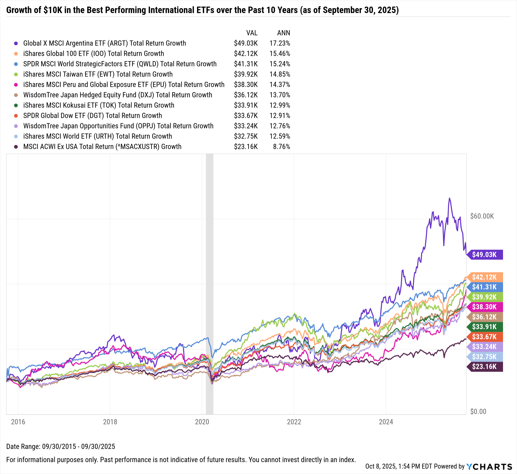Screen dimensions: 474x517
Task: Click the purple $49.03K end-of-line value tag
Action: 484,255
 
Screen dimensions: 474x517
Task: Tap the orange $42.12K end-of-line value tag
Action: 484,277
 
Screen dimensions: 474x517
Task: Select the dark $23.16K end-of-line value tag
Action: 484,366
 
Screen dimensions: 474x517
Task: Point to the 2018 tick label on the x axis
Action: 110,422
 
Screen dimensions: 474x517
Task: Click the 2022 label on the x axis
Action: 294,422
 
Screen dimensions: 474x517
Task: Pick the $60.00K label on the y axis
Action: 482,216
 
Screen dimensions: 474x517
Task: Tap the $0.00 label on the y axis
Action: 478,411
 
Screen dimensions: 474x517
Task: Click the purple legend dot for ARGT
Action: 16,43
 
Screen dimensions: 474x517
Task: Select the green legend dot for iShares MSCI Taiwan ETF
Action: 16,74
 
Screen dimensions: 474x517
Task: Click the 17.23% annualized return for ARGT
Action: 280,43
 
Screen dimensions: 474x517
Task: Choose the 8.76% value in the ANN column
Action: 282,147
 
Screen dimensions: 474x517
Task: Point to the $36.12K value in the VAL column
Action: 246,95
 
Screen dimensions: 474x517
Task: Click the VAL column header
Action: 252,33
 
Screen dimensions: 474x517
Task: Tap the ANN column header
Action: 284,33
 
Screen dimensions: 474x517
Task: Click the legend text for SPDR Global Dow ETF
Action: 93,116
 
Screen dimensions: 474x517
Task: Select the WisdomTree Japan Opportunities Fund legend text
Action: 118,126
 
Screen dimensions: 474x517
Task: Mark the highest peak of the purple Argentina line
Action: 450,198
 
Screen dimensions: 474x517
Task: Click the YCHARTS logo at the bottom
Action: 489,467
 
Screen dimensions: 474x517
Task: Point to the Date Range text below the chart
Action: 61,446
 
